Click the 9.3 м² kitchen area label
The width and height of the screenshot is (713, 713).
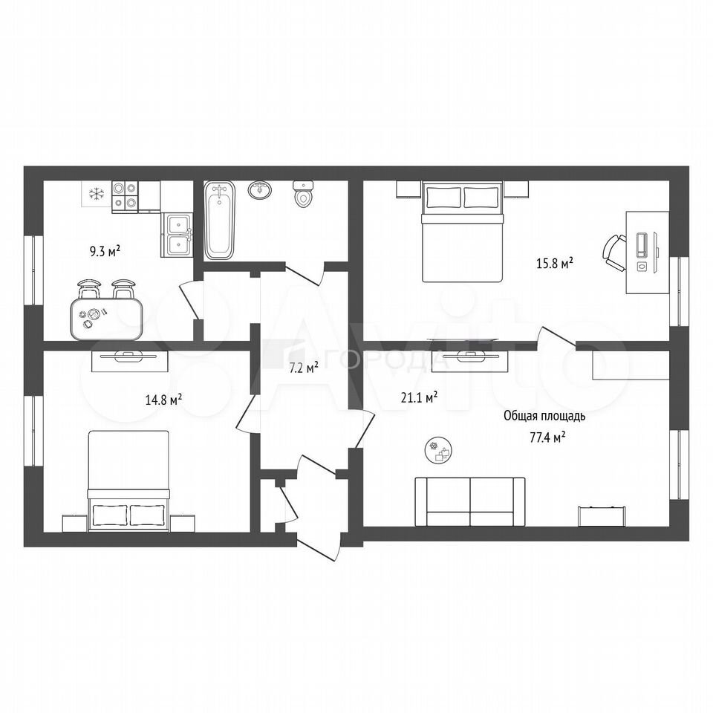(x=105, y=250)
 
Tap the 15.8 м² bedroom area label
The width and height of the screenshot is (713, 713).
(x=554, y=263)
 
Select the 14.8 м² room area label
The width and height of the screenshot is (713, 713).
(x=163, y=400)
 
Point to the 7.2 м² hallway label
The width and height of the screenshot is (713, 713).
(x=304, y=368)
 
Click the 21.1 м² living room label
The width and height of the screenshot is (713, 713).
(x=419, y=398)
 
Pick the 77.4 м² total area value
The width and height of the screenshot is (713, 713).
(x=547, y=437)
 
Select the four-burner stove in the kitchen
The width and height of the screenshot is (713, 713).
(x=125, y=196)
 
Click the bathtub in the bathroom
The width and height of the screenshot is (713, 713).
(x=219, y=221)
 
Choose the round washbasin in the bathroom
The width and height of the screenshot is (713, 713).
(x=260, y=189)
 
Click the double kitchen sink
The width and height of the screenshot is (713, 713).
(x=177, y=235)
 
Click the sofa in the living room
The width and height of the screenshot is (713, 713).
(x=469, y=501)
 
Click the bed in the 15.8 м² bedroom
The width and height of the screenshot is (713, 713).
(x=463, y=232)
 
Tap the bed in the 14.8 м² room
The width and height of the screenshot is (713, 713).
(x=128, y=481)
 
